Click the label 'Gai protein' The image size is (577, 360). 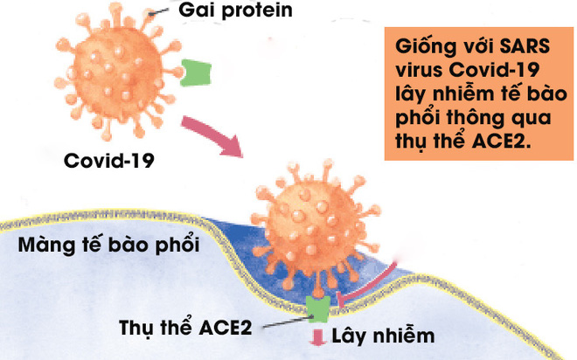(x=235, y=12)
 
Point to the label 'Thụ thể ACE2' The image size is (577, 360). (x=184, y=329)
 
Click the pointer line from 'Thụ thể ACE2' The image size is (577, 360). (x=281, y=318)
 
